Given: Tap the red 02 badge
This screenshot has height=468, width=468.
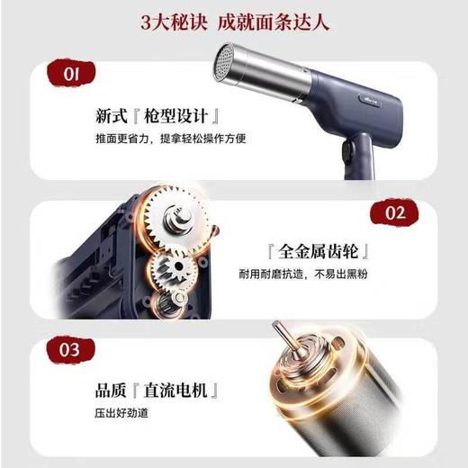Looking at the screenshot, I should point(395,213).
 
